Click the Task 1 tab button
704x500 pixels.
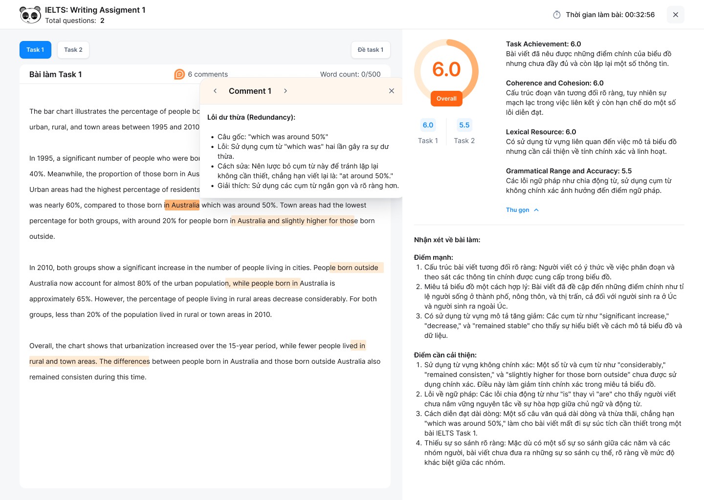point(35,50)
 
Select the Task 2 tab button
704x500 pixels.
point(73,50)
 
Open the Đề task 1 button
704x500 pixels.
point(371,50)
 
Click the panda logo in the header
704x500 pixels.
point(30,15)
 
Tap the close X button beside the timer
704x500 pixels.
point(675,15)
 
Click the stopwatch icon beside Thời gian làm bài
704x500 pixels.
point(557,15)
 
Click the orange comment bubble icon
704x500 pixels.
point(179,74)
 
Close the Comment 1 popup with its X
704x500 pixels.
point(391,91)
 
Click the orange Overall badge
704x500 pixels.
point(446,99)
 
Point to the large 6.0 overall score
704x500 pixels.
point(446,70)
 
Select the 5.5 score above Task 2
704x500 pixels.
point(464,125)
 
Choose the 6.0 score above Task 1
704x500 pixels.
point(428,125)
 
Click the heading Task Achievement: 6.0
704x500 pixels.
point(543,44)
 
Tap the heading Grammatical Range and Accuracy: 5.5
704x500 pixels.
point(569,171)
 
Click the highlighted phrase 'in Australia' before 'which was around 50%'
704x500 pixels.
point(182,205)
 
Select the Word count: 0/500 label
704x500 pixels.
point(350,74)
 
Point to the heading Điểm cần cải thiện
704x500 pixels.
point(445,355)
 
